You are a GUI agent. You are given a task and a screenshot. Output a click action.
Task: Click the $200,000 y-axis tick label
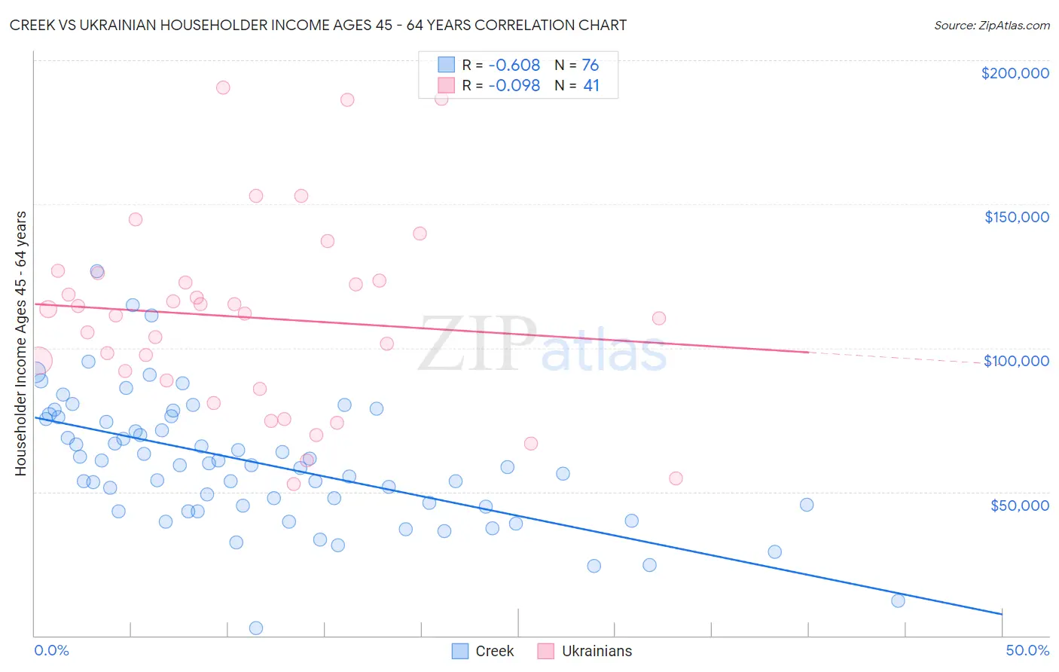click(1015, 73)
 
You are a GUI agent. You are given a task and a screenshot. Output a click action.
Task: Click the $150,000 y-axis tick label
click(1016, 217)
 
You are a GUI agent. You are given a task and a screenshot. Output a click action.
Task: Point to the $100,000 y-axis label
click(1016, 361)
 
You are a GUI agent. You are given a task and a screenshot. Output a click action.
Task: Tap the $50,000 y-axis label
click(1019, 505)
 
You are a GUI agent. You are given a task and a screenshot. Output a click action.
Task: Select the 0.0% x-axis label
click(51, 650)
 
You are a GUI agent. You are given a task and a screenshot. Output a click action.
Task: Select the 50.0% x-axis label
click(1027, 650)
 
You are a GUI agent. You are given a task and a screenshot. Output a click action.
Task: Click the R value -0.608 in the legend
click(514, 66)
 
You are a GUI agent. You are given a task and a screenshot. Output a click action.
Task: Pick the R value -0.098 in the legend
click(514, 86)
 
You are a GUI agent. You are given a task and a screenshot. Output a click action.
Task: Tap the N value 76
click(590, 66)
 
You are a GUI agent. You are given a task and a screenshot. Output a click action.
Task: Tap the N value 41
click(591, 86)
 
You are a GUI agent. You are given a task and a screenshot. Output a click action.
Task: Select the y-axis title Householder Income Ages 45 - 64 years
click(20, 344)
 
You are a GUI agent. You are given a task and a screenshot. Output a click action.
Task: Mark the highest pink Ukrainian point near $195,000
click(223, 87)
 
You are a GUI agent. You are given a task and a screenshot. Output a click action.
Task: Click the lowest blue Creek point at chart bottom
click(256, 628)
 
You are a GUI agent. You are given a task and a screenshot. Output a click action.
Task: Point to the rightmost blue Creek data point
click(898, 600)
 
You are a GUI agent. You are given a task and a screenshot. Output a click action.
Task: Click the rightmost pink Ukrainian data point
click(676, 478)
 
